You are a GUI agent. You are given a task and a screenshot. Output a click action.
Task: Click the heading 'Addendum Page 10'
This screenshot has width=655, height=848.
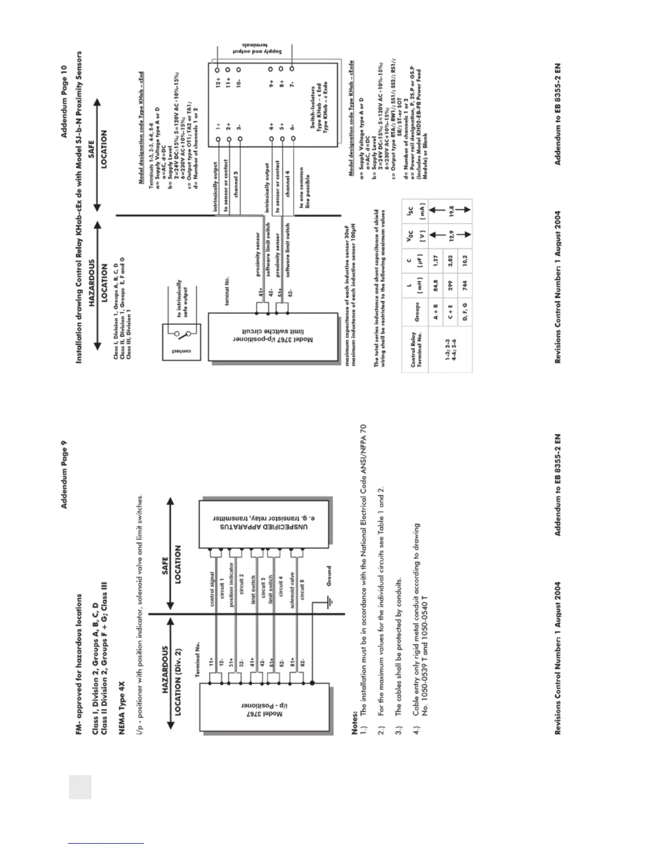point(65,102)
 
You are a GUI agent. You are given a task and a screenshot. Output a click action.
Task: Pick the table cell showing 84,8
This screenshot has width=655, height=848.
point(436,291)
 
